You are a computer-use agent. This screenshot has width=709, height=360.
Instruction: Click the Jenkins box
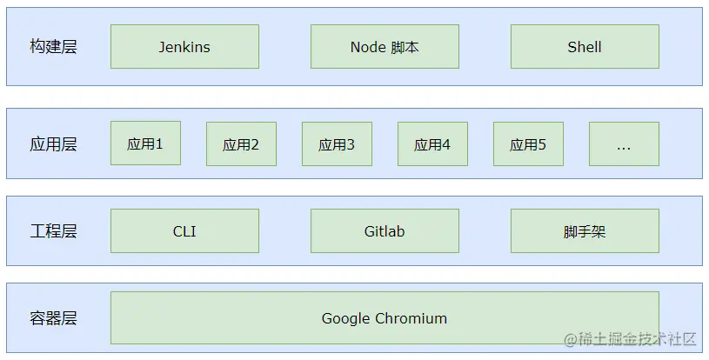point(184,47)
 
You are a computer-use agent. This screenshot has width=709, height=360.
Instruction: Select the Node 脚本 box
point(385,47)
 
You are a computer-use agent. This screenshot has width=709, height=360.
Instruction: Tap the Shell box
point(585,47)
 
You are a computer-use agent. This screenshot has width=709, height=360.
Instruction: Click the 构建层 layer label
point(53,47)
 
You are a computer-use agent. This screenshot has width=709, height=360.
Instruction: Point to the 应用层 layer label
point(53,144)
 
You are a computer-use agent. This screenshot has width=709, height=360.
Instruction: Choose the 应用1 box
point(145,143)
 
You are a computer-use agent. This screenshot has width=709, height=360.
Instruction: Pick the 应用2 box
point(242,144)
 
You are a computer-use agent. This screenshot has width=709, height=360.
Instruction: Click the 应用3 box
point(337,144)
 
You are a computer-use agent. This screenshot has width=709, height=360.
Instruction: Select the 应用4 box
point(432,144)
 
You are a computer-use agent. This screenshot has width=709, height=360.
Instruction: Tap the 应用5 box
point(528,144)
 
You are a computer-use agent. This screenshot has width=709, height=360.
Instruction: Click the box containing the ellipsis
point(624,144)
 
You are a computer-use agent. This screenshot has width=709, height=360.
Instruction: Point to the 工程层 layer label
point(53,230)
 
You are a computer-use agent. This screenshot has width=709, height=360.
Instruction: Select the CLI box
point(184,230)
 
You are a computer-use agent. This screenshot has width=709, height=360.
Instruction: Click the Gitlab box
point(385,230)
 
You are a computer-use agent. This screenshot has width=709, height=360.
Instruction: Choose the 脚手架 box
point(585,230)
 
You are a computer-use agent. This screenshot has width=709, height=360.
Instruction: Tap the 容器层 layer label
point(53,318)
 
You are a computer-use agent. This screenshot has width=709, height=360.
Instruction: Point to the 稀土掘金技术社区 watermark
point(631,339)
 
